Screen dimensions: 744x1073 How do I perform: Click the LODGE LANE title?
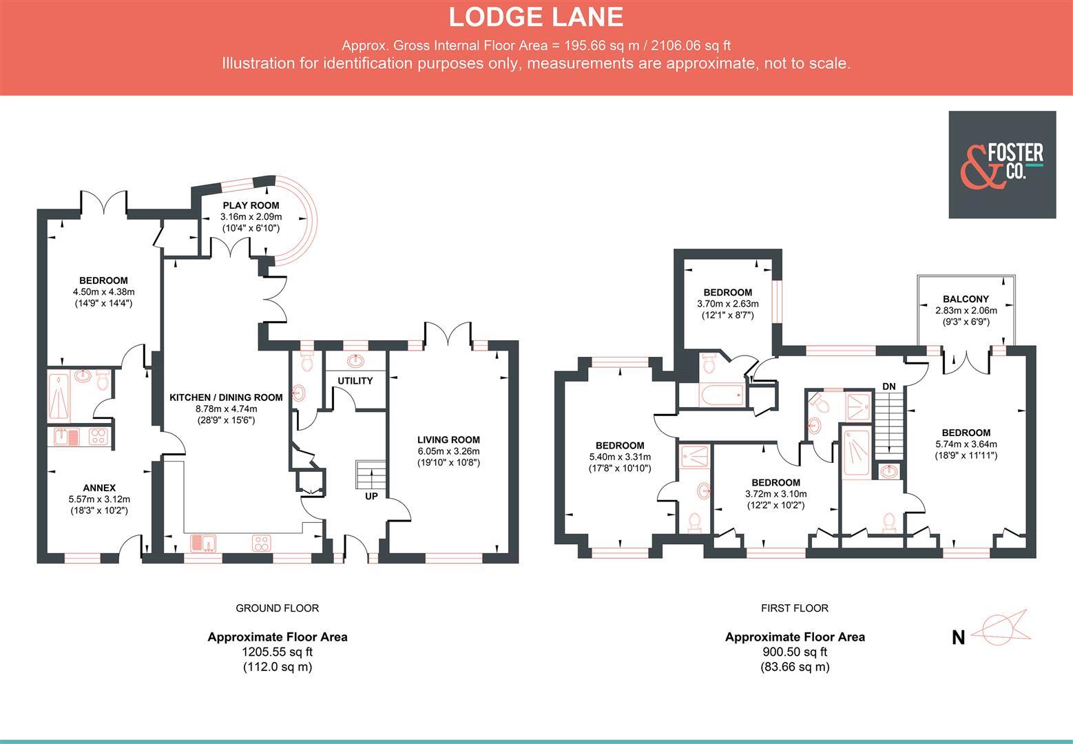(536, 17)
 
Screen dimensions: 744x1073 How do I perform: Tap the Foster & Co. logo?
(1002, 165)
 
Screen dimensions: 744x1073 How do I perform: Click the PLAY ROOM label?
(251, 205)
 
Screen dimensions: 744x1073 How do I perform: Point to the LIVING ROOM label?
(448, 440)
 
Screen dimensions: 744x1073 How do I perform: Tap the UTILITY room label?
(355, 381)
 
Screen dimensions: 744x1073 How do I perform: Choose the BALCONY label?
(966, 299)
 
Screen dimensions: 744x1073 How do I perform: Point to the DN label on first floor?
(889, 386)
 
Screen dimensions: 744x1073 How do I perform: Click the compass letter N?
(958, 638)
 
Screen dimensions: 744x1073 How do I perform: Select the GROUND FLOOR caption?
(277, 608)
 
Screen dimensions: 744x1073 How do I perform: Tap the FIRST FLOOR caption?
(795, 608)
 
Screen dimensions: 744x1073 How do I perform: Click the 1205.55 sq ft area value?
(277, 652)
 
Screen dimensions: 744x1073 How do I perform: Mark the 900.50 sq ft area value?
(795, 652)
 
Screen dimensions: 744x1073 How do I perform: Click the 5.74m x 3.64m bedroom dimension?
(966, 444)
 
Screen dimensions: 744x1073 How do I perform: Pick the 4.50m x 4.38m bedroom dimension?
(103, 292)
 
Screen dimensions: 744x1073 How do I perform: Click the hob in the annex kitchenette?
(97, 437)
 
